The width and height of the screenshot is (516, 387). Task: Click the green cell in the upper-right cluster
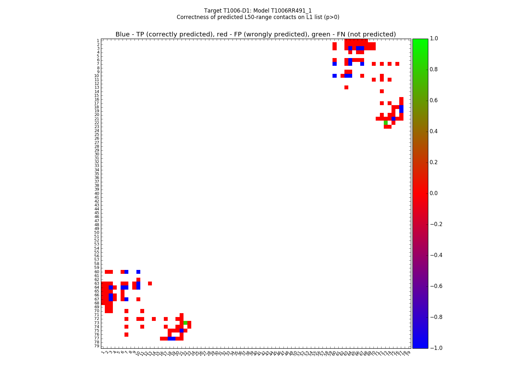[x=386, y=123]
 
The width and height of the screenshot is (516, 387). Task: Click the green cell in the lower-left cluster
[x=185, y=322]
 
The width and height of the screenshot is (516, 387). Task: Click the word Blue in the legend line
[x=123, y=35]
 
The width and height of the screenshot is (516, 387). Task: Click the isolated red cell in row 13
[x=346, y=87]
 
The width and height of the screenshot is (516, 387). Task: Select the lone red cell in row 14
[x=382, y=91]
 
